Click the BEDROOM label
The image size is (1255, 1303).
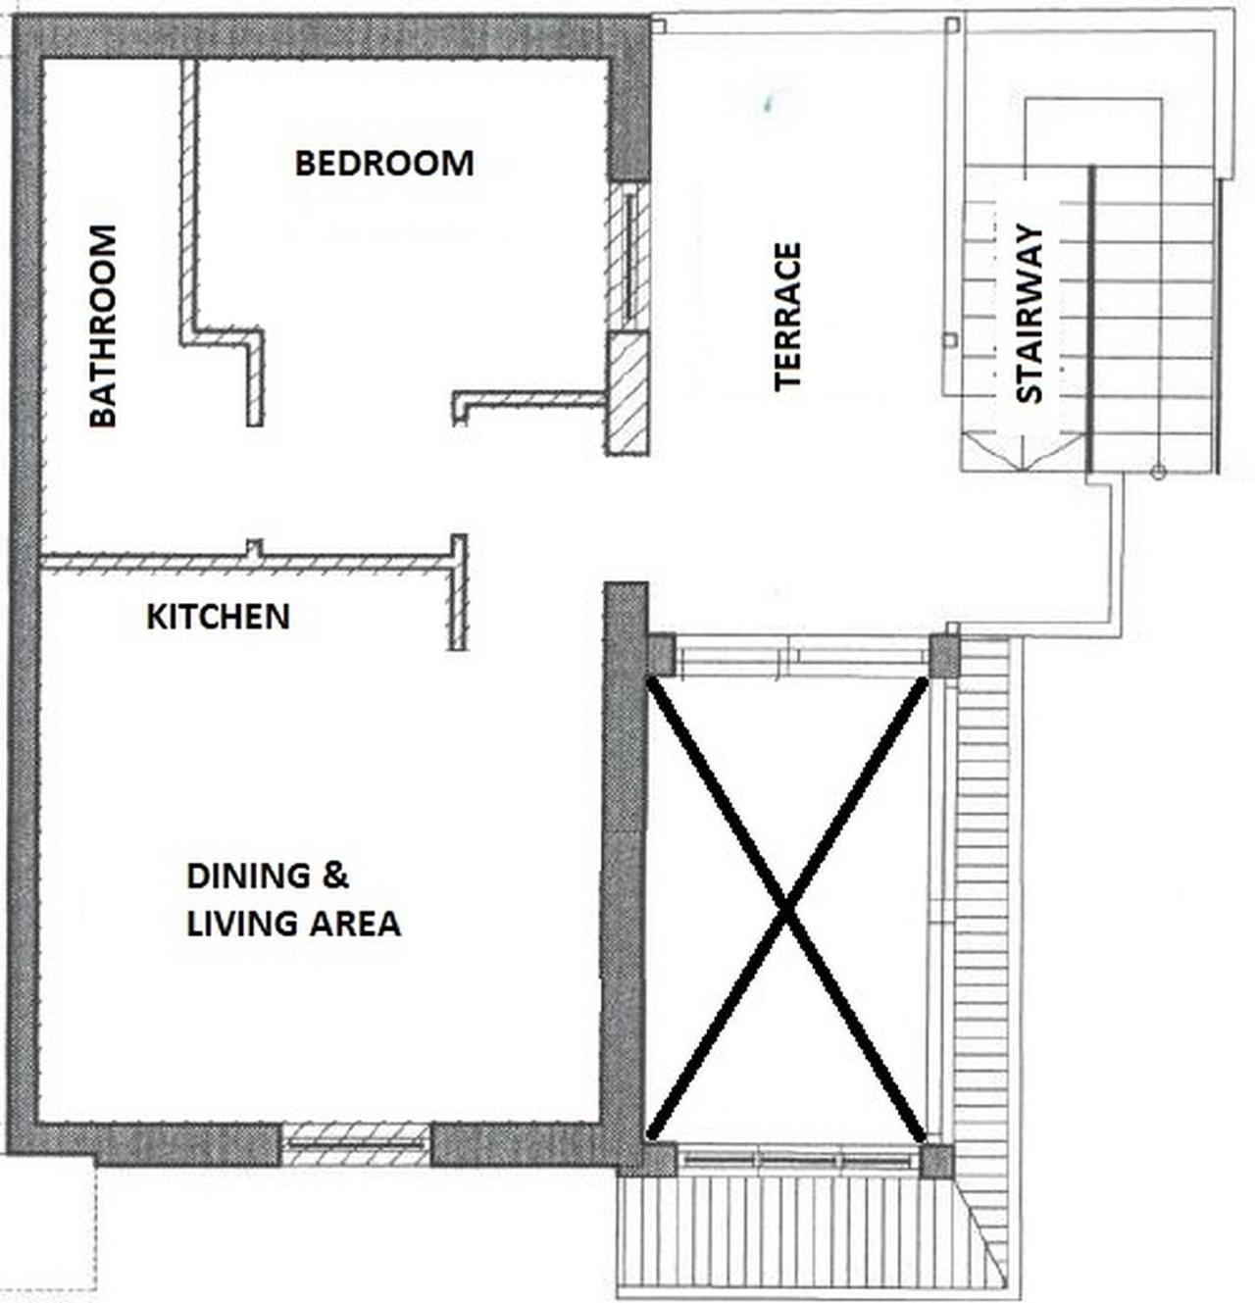click(384, 164)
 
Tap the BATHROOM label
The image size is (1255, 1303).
click(103, 326)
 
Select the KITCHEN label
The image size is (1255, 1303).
click(219, 617)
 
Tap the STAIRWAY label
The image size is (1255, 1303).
click(1029, 315)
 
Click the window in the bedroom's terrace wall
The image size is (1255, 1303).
click(628, 257)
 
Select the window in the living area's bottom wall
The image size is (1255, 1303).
click(356, 1143)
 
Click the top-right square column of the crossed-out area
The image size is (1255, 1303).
click(943, 657)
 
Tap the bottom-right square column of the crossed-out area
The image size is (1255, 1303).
click(936, 1162)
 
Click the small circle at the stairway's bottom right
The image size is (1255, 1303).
click(1159, 473)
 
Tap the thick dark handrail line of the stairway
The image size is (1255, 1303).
click(1091, 320)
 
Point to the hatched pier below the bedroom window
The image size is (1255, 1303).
click(628, 393)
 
